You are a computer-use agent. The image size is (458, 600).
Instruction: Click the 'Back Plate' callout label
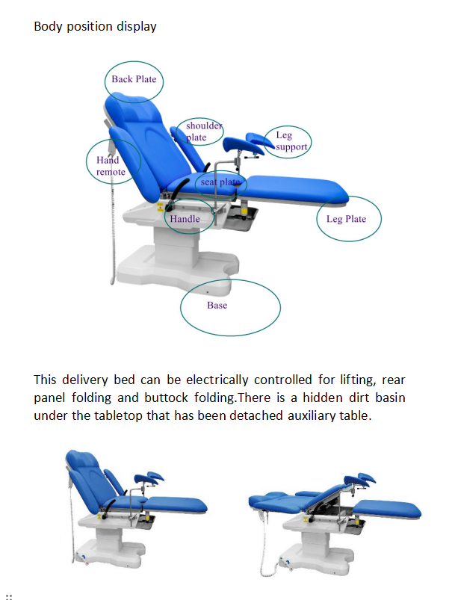tap(134, 79)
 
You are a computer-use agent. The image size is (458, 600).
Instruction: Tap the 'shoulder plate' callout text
tap(203, 132)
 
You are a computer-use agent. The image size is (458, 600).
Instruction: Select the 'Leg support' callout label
tap(290, 141)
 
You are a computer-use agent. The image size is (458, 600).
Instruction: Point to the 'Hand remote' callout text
tap(111, 166)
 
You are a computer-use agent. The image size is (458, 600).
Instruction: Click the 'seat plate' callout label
tap(220, 182)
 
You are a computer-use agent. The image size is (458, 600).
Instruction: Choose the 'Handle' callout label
tap(185, 219)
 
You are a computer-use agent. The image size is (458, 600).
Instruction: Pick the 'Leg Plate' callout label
tap(346, 219)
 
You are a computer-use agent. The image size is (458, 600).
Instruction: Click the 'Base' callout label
tap(217, 305)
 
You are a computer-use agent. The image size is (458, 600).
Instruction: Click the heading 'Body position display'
tap(96, 27)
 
